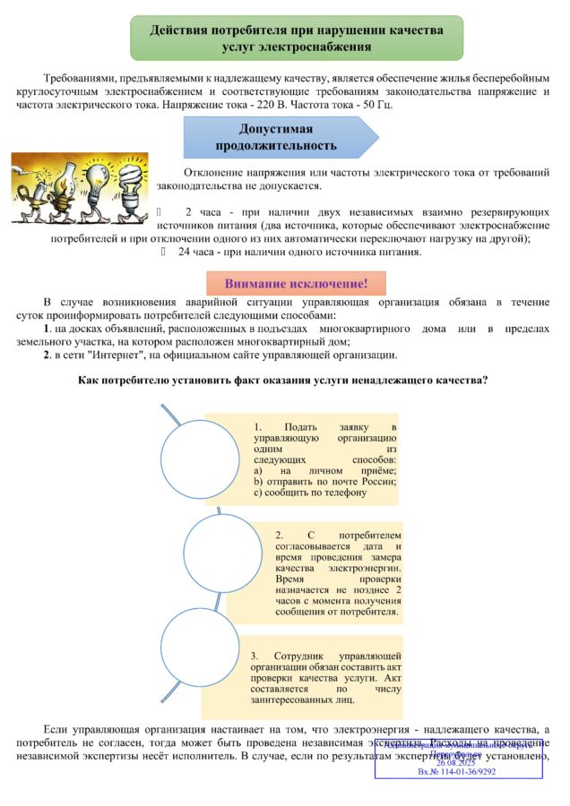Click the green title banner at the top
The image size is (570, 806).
click(297, 38)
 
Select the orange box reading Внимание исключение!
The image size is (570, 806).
click(296, 284)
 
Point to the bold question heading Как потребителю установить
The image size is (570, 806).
click(284, 381)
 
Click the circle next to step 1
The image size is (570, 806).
click(200, 459)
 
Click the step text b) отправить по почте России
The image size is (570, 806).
click(325, 482)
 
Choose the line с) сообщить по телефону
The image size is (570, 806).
click(310, 493)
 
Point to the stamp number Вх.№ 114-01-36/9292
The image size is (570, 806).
click(458, 772)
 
